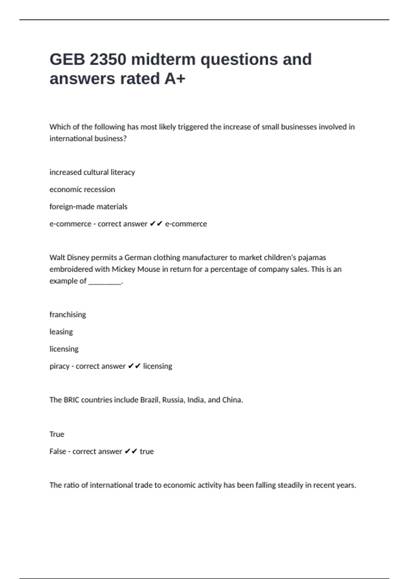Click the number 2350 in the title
(108, 59)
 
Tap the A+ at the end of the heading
(175, 79)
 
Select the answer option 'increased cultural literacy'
(92, 172)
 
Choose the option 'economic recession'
(82, 189)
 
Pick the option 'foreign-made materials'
(88, 207)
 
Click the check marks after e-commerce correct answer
(156, 224)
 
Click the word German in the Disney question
(138, 257)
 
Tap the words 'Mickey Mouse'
(136, 269)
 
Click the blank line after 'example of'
(105, 281)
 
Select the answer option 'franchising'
(67, 315)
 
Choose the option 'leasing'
(61, 332)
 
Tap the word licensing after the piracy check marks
(157, 366)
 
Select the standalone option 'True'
(57, 434)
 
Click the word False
(58, 451)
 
